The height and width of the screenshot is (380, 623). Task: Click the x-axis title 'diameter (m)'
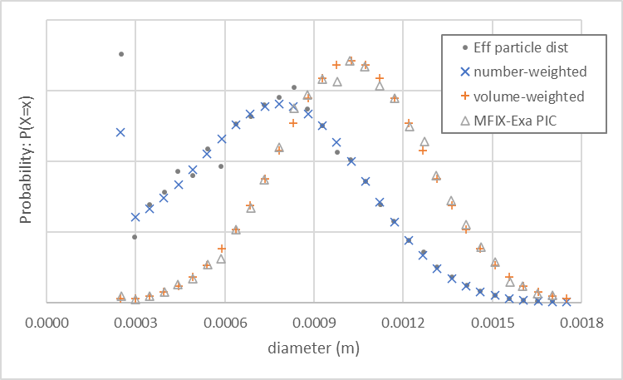(314, 349)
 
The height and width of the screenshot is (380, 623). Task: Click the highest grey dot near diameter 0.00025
(121, 54)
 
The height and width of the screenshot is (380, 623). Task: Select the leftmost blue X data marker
(121, 132)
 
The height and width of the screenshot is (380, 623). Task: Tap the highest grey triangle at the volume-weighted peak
(351, 61)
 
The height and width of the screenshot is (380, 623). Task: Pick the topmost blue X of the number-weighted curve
(279, 104)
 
